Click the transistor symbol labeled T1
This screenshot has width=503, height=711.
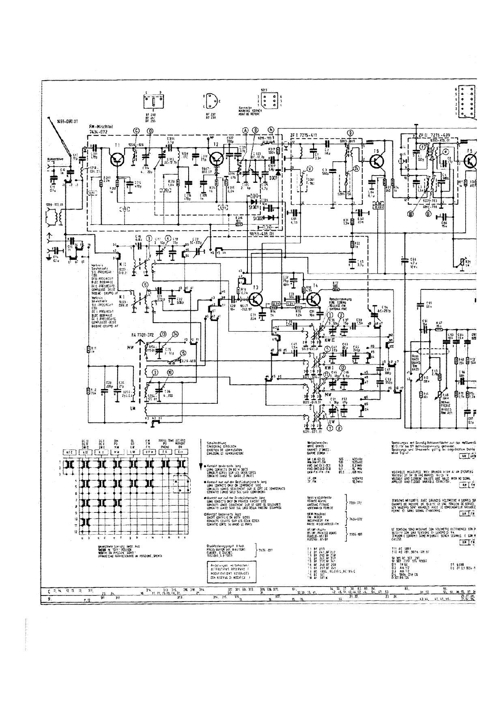click(118, 161)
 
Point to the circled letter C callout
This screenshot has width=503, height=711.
click(136, 131)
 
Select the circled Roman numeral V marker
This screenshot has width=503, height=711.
click(310, 169)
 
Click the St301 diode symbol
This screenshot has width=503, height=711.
click(254, 201)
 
